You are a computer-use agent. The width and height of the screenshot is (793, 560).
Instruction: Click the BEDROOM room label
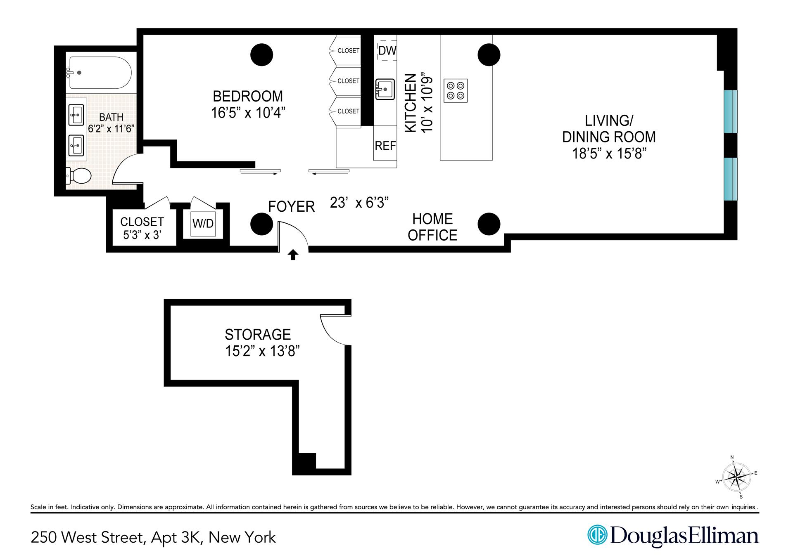tap(248, 96)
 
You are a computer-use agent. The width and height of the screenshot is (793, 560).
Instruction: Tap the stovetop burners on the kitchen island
tap(456, 91)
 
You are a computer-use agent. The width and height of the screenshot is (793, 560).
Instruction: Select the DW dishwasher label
tap(387, 50)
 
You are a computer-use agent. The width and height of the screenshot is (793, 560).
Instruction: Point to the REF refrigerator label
tap(385, 145)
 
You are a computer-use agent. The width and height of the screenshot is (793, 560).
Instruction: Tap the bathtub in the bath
tap(100, 73)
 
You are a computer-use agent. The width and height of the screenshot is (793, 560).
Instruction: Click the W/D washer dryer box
tap(203, 223)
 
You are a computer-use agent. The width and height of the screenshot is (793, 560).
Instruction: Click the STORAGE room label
tap(258, 334)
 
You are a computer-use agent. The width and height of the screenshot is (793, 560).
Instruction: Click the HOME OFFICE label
tap(432, 227)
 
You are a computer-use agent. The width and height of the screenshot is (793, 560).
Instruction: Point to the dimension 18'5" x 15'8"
tap(609, 154)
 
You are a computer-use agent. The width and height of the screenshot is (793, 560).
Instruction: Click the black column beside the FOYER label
tap(261, 224)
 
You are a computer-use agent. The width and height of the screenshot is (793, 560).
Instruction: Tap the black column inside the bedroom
tap(262, 54)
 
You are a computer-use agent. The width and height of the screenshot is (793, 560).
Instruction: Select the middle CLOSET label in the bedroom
tap(348, 81)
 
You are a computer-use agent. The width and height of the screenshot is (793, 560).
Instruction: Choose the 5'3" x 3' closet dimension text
tap(142, 235)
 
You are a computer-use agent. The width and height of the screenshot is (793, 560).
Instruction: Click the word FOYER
tap(292, 206)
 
